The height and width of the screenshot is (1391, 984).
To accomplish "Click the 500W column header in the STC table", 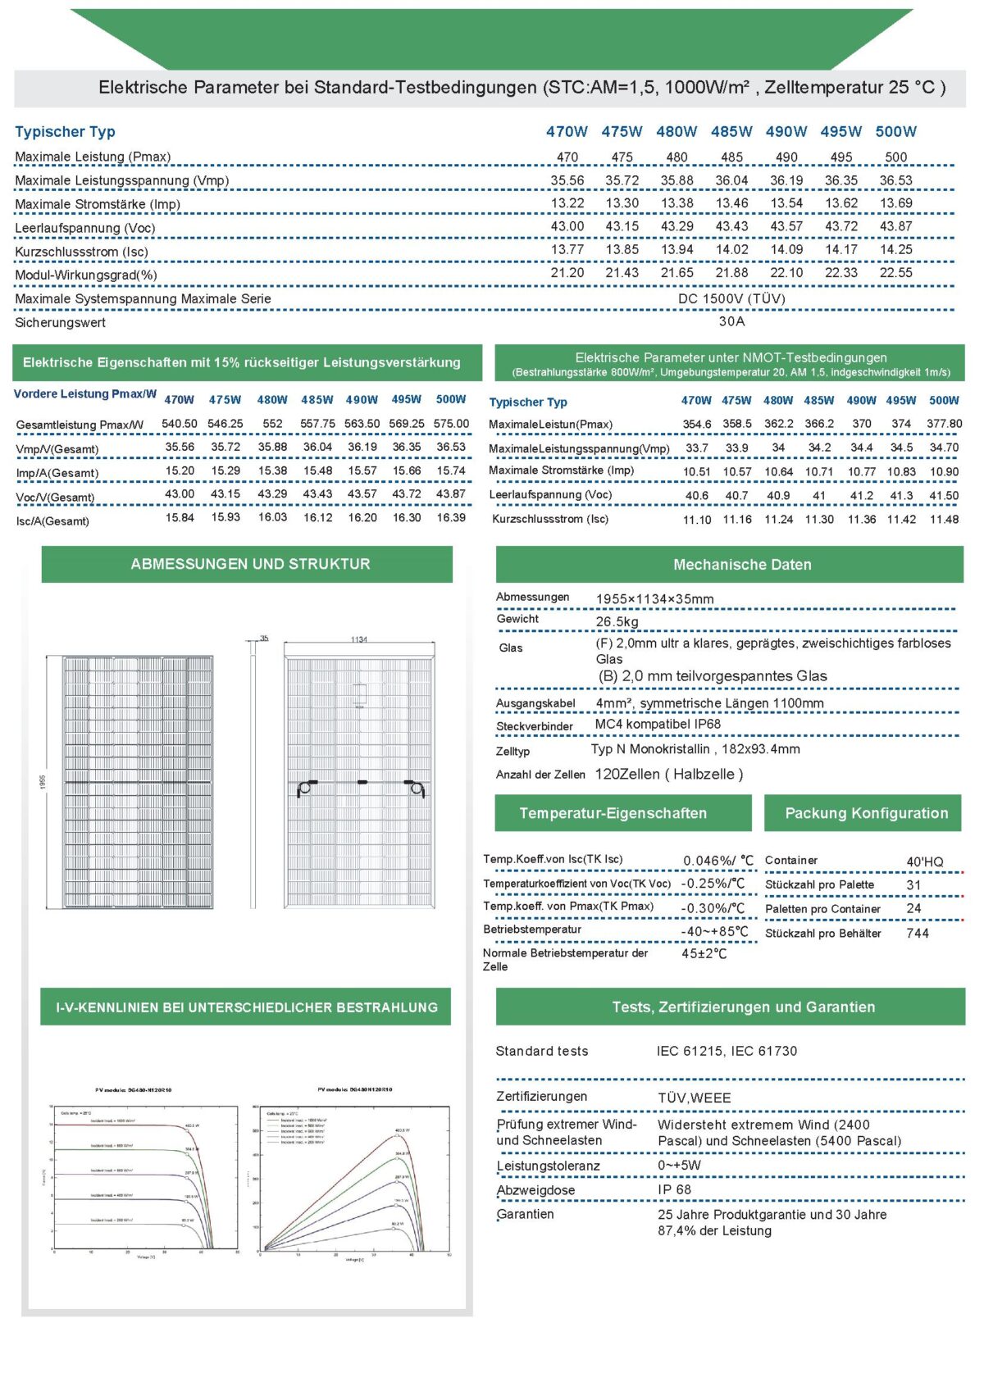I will tap(895, 131).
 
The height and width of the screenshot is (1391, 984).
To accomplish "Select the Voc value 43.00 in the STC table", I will tap(567, 226).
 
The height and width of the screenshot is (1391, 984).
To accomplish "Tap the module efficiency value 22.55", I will tap(895, 273).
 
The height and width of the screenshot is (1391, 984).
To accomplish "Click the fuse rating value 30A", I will tap(731, 321).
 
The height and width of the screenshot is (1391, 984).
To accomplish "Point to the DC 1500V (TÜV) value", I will tap(731, 298).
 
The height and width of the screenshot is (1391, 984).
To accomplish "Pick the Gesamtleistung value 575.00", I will tap(451, 424).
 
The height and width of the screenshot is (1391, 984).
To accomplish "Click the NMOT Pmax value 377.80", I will tap(944, 424).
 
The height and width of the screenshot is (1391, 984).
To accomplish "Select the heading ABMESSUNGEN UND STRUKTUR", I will tap(250, 564).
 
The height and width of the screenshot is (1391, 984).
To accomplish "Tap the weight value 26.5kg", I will tap(617, 621).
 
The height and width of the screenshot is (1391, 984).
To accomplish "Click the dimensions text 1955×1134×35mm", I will tap(654, 598).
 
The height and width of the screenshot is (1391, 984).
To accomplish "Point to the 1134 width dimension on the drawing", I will tap(359, 639).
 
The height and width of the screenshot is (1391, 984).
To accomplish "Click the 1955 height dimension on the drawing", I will tap(43, 782).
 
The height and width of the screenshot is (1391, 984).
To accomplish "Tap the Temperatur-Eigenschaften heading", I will tap(613, 813).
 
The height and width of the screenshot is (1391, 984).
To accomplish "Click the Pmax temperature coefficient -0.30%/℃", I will tap(713, 908).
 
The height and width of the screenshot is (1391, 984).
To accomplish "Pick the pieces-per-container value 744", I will tap(918, 933).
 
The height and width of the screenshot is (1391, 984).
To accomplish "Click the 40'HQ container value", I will tap(924, 861).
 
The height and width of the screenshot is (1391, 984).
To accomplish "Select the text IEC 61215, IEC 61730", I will tap(727, 1051).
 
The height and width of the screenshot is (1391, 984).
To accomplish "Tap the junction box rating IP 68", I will tap(674, 1189).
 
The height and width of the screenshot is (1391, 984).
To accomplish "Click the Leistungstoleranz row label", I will tap(548, 1166).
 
